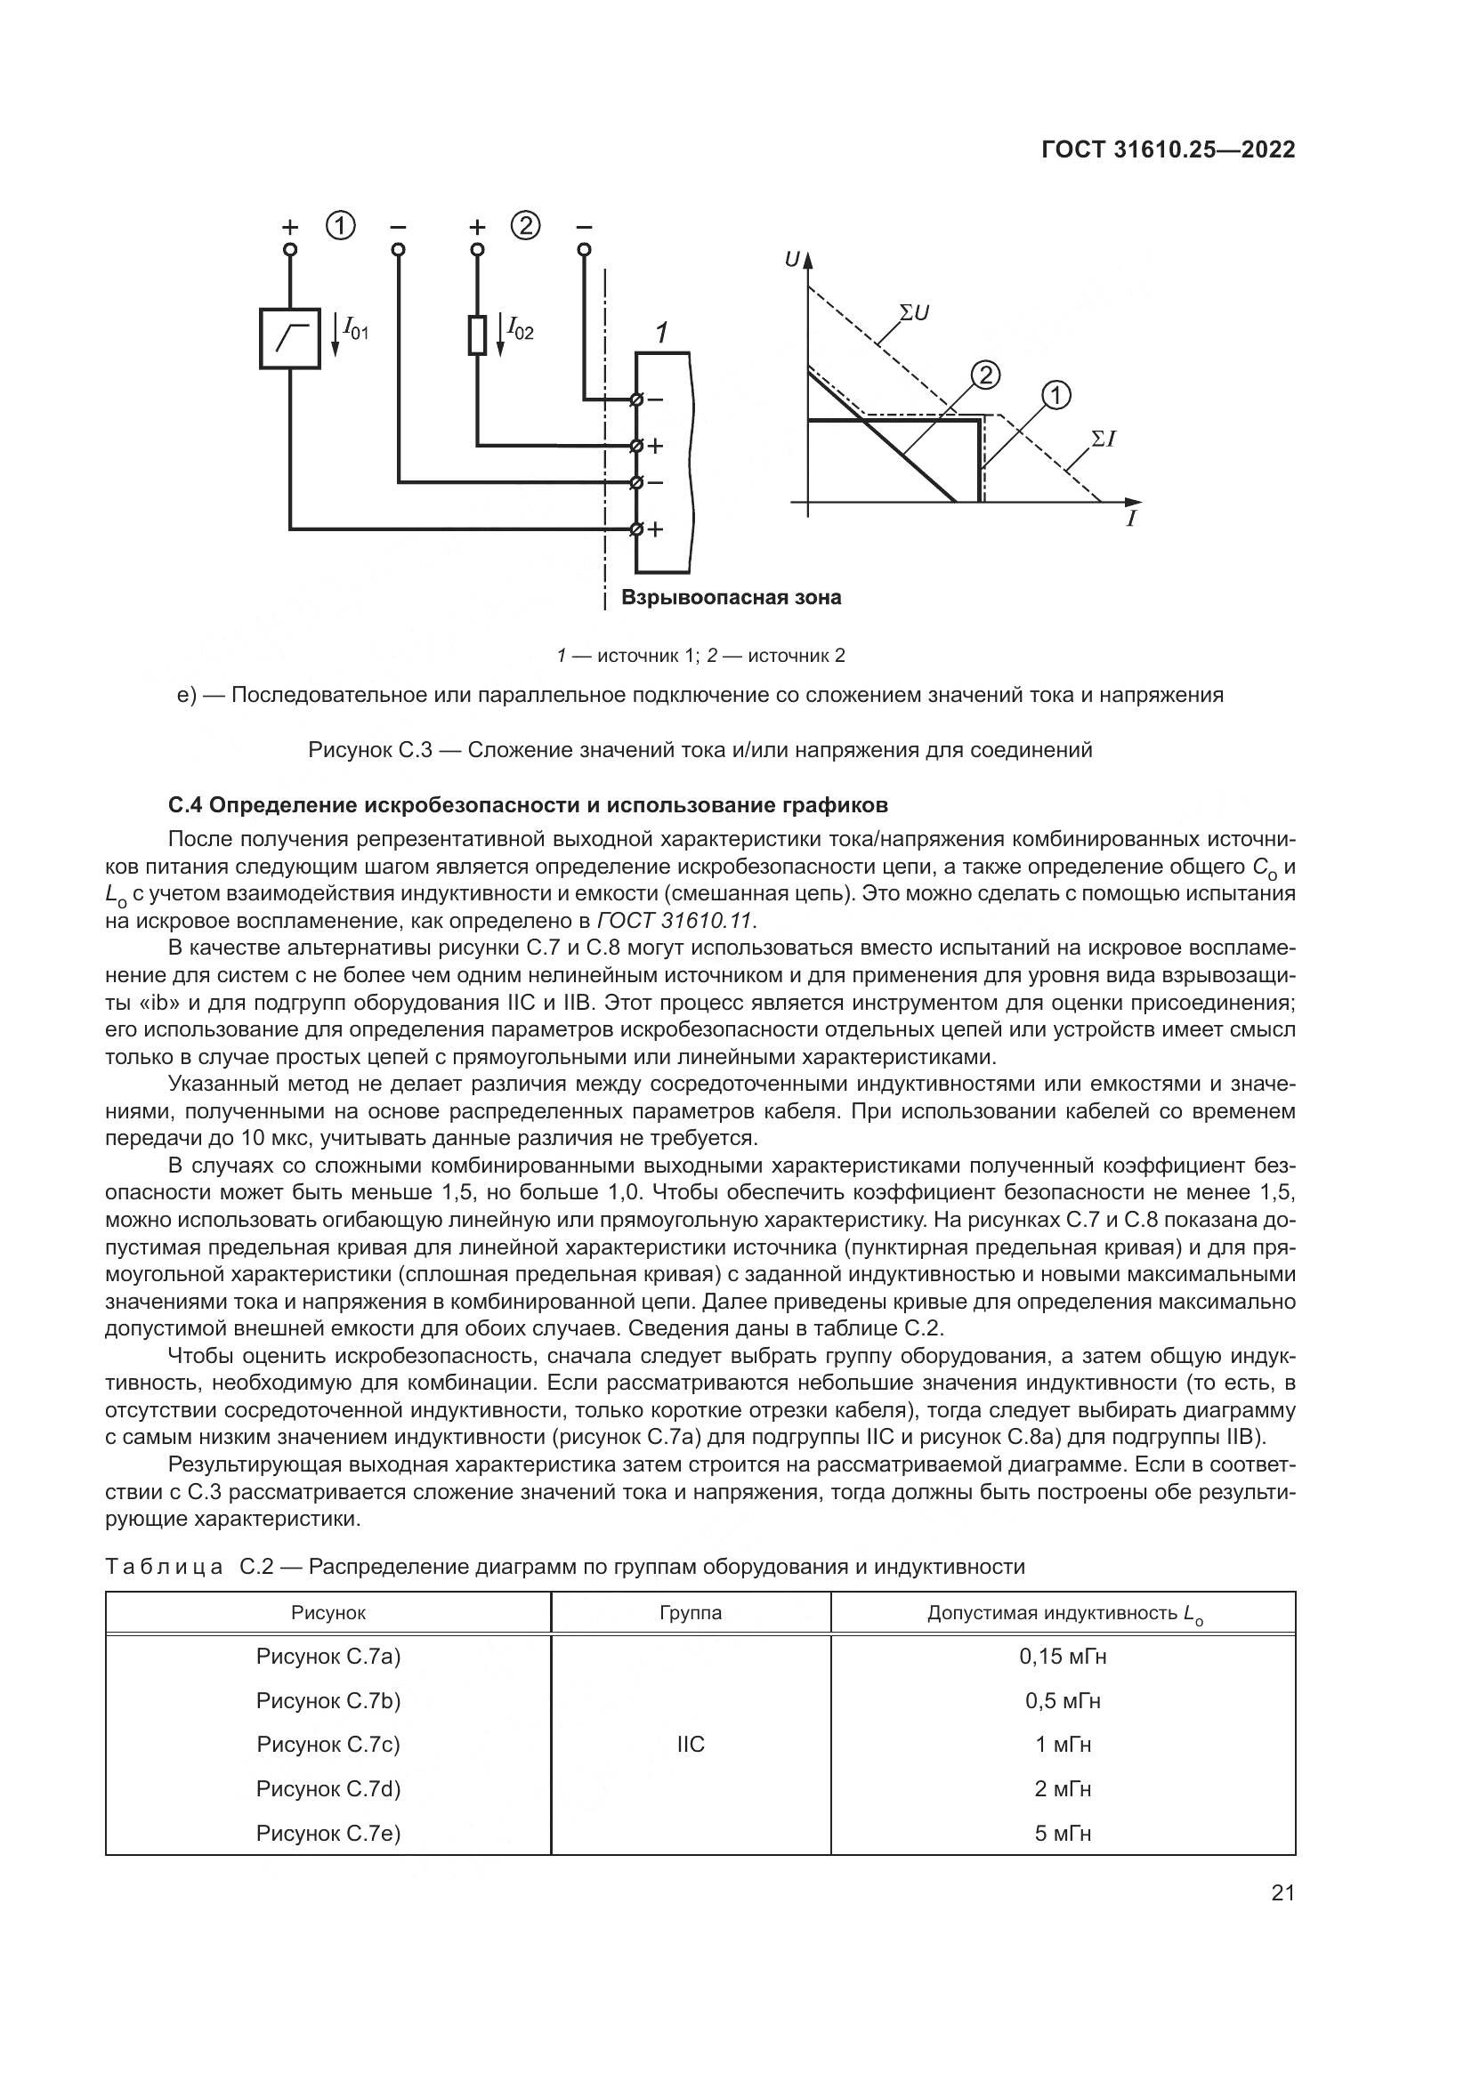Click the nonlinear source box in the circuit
[x=290, y=338]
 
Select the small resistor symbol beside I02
[x=478, y=335]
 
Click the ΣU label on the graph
[x=914, y=313]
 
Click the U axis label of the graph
[x=793, y=260]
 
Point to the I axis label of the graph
[x=1131, y=520]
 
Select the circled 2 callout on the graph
[x=984, y=375]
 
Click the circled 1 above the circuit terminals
[x=341, y=226]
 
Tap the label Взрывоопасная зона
[x=731, y=598]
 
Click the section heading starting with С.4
[x=529, y=805]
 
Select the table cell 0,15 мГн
[x=1063, y=1657]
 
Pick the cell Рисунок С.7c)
[x=328, y=1745]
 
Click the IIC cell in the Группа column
[x=691, y=1745]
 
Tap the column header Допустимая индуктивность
[x=1063, y=1613]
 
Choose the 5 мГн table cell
[x=1063, y=1833]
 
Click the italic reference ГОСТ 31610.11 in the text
[x=675, y=921]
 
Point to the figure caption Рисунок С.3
[x=700, y=751]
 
